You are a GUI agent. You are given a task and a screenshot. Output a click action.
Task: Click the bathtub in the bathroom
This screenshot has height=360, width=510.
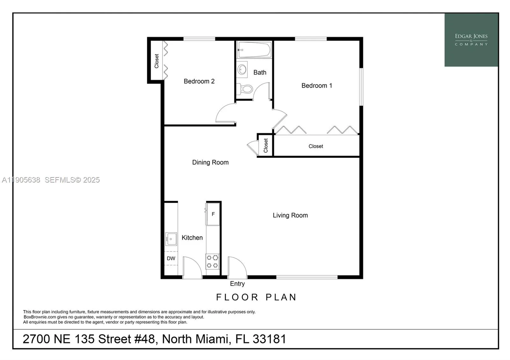point(254,50)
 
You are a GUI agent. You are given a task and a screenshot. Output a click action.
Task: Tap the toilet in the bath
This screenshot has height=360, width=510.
point(246,89)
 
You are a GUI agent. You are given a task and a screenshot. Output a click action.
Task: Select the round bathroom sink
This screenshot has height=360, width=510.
point(242,69)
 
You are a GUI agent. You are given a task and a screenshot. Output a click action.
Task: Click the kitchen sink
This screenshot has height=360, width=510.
point(171,239)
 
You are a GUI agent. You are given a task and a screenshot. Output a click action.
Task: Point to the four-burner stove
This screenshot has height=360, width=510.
point(212,261)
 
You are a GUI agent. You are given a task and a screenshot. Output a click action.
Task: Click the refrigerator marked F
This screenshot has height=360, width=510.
point(213,214)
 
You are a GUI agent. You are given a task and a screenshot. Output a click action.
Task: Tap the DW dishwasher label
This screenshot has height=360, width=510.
point(171,258)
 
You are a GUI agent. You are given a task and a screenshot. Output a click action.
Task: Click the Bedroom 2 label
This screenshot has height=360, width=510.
point(199,81)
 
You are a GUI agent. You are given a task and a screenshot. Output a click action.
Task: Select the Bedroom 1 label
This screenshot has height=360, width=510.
point(317,86)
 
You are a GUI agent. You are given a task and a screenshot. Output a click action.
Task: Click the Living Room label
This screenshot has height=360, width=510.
point(290,215)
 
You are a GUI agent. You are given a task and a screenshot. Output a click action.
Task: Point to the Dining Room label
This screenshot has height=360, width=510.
point(210,162)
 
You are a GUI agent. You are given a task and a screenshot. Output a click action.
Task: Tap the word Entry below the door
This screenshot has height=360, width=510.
point(237,284)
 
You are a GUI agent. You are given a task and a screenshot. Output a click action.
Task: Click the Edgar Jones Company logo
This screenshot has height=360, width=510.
point(471,40)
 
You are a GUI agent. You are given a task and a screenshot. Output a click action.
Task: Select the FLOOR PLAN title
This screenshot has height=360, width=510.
point(256,297)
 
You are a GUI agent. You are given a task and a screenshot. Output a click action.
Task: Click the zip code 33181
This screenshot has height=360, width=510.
point(269,339)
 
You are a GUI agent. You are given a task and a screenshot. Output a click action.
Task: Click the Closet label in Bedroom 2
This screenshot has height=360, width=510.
point(157,61)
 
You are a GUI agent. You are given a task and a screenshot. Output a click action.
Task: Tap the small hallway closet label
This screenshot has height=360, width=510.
point(266,146)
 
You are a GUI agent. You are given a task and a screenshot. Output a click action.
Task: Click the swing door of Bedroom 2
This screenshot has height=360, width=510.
point(225,113)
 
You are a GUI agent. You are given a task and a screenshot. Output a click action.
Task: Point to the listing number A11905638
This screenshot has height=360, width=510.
point(21,180)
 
